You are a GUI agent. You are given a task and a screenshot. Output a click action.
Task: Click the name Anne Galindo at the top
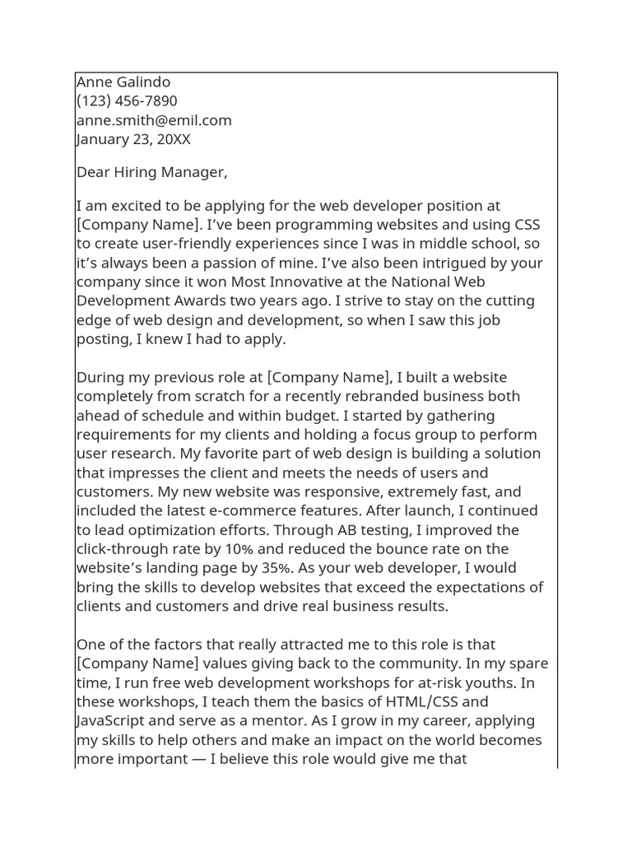pyautogui.click(x=123, y=82)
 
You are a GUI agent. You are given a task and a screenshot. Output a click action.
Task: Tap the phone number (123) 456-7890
pyautogui.click(x=127, y=100)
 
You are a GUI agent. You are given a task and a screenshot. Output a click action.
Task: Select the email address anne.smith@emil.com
pyautogui.click(x=154, y=120)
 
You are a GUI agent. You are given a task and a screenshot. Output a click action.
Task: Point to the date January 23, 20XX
pyautogui.click(x=133, y=139)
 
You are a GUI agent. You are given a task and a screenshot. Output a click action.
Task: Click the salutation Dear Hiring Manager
pyautogui.click(x=151, y=172)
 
